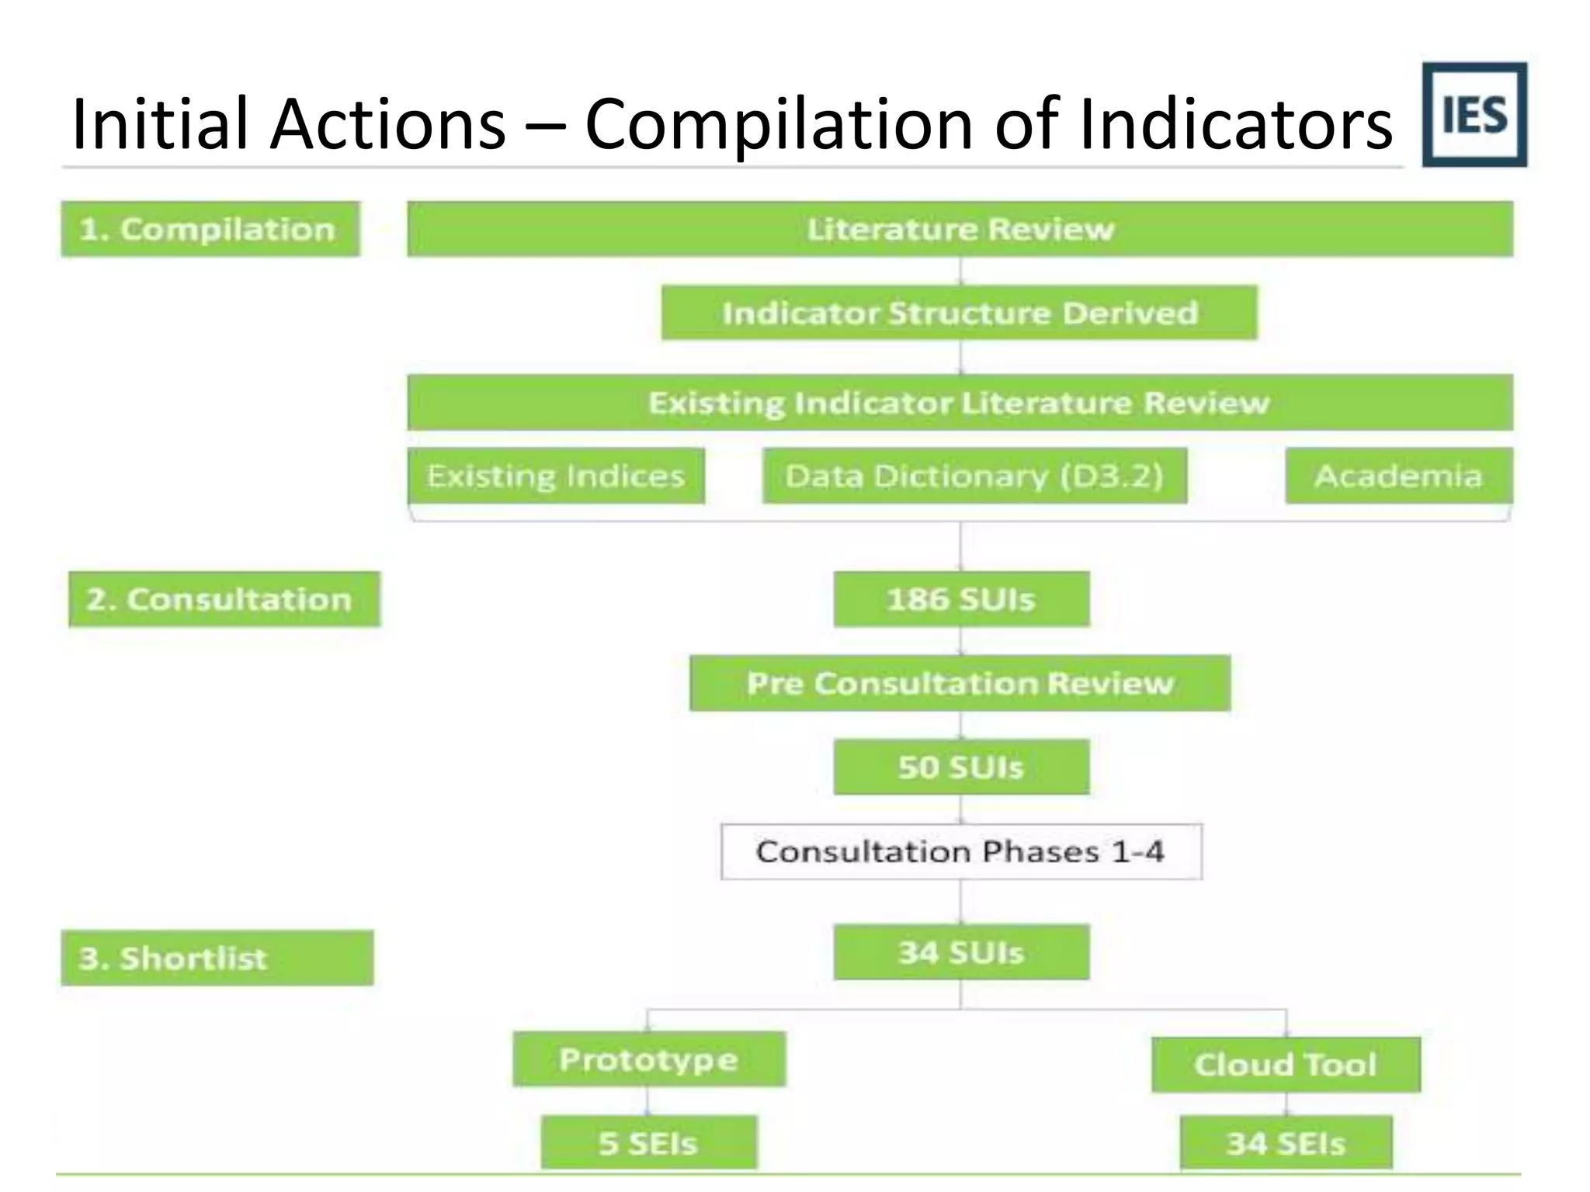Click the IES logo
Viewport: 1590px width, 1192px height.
point(1474,115)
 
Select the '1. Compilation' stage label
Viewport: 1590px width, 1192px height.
point(210,229)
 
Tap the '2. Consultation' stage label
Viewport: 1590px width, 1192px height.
point(224,599)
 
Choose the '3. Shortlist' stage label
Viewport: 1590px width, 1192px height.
point(217,958)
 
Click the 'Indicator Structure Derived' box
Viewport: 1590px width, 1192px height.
point(959,313)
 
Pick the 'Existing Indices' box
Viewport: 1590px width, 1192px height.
point(556,476)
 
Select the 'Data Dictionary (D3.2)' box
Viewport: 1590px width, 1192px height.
point(974,476)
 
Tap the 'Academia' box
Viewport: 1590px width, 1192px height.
point(1398,476)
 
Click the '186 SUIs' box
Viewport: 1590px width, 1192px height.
point(961,599)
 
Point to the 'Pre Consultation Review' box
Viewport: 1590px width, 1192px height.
point(960,683)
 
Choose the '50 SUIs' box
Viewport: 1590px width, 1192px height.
point(961,767)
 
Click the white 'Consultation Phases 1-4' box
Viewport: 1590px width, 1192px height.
point(961,851)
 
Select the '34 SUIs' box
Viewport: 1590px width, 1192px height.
point(961,951)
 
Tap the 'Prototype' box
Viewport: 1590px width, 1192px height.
point(649,1059)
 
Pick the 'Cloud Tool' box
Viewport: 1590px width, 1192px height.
point(1286,1065)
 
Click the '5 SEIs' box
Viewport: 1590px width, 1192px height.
point(648,1142)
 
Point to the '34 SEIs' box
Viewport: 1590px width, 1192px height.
point(1286,1142)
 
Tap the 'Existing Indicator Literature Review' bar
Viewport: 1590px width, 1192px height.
point(960,403)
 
